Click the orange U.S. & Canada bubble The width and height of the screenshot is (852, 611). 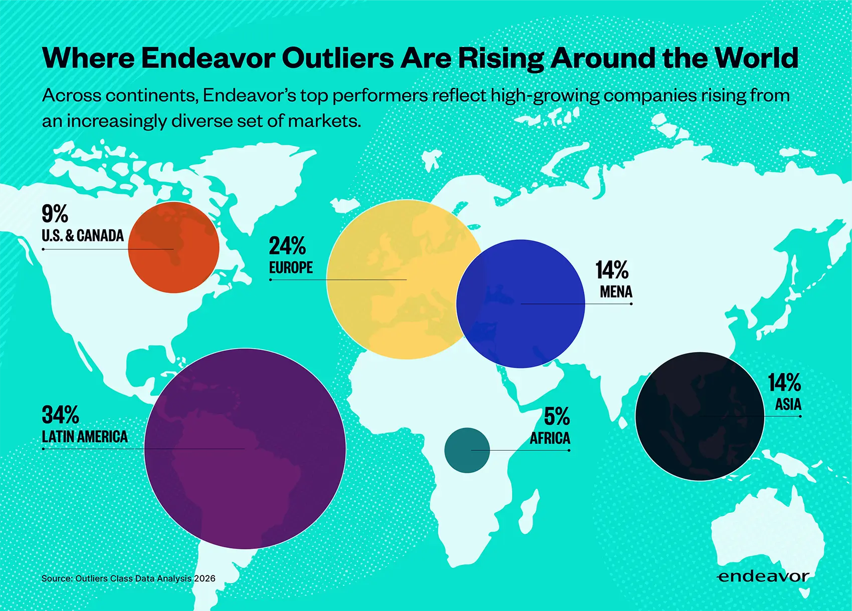pos(173,247)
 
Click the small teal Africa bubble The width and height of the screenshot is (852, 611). pos(467,450)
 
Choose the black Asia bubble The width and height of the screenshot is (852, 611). pos(700,416)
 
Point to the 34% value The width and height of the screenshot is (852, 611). pos(61,415)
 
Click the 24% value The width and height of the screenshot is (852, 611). pos(287,246)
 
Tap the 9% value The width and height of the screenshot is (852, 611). pos(55,214)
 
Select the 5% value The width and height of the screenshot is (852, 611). pos(557,416)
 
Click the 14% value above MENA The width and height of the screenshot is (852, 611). pos(612,270)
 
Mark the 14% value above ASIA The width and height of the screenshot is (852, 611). pos(784,383)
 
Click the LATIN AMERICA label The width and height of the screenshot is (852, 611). pos(85,437)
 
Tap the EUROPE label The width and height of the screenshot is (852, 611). pos(291,268)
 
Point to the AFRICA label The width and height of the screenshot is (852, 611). pos(550,438)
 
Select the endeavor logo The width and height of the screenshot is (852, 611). pos(763,576)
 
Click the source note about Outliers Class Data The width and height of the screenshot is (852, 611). pos(128,578)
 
